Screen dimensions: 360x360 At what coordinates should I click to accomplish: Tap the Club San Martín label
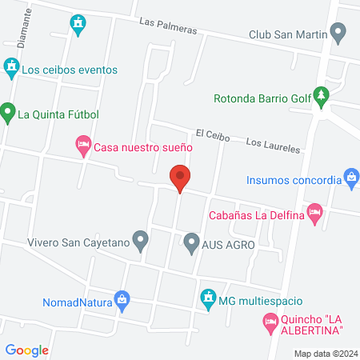pos(288,34)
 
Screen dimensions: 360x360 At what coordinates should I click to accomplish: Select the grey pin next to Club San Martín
pos(338,34)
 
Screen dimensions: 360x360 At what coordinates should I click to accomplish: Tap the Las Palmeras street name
pos(167,29)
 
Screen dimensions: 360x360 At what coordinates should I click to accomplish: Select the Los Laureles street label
pos(273,145)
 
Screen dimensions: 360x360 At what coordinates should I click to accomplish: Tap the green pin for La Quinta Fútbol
pos(8,112)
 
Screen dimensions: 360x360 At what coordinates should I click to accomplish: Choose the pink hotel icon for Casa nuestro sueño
pos(83,147)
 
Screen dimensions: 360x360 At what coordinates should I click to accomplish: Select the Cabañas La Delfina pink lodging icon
pos(315,214)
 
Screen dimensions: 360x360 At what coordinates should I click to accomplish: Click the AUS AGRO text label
pos(228,243)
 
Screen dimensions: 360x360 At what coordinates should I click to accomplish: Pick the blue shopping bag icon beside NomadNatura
pos(122,301)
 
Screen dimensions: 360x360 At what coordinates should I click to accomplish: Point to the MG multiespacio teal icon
pos(208,298)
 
